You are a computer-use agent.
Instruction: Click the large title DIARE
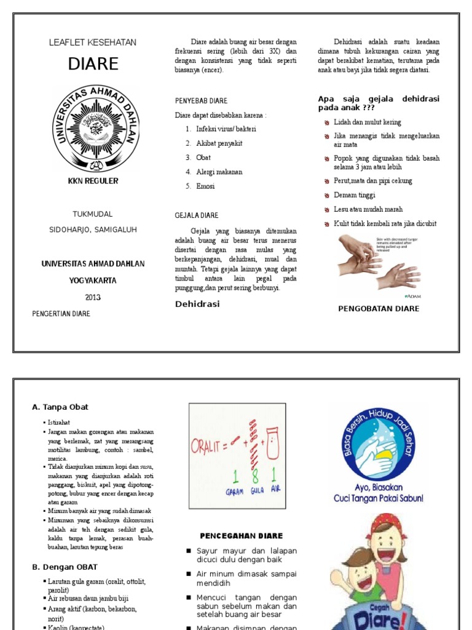point(93,65)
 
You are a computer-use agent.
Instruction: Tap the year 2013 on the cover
point(93,297)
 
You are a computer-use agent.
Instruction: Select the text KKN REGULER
point(93,181)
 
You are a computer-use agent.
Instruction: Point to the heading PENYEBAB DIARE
point(201,101)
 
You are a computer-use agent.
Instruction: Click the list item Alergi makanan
point(219,172)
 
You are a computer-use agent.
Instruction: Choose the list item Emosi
point(205,186)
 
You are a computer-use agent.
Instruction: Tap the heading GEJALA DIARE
point(197,215)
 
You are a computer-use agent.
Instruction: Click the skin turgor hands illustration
point(379,263)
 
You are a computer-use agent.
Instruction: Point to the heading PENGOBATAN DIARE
point(379,308)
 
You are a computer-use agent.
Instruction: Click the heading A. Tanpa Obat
point(60,407)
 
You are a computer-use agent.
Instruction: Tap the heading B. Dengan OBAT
point(65,567)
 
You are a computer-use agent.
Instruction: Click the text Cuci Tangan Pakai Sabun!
point(378,498)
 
